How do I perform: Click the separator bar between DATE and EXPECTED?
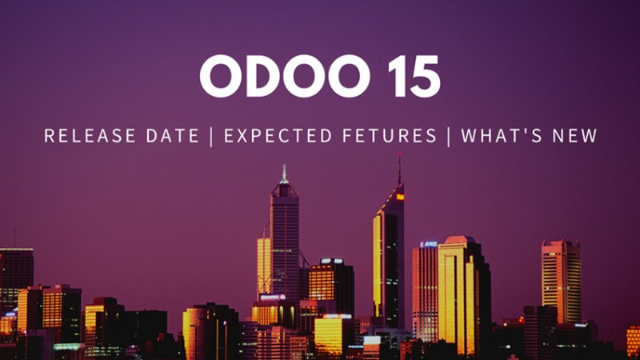coord(211,136)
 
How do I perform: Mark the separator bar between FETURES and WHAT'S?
coord(449,136)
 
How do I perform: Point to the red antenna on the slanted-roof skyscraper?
coord(399,168)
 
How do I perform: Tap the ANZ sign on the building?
coord(429,244)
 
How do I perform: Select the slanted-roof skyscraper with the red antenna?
coord(389,256)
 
